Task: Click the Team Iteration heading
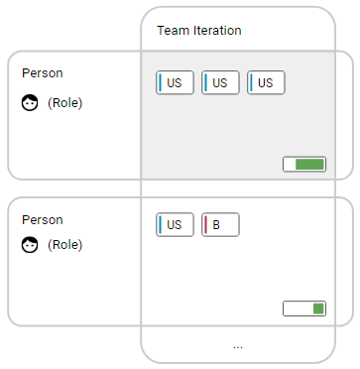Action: point(198,31)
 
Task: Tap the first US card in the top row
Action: point(175,83)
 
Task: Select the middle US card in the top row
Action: point(220,83)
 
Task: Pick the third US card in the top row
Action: point(266,83)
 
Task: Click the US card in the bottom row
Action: point(175,225)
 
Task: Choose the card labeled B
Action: point(220,225)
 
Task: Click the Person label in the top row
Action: point(42,73)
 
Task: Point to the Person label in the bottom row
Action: point(42,219)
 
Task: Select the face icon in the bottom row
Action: point(30,245)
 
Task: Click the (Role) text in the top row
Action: point(64,102)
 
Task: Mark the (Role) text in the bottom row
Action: point(64,245)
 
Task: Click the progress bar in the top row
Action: point(304,165)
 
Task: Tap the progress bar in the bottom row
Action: point(304,308)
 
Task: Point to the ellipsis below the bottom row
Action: point(238,346)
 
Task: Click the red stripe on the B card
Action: point(206,225)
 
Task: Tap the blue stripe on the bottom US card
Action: point(161,225)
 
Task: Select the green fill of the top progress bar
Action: point(310,165)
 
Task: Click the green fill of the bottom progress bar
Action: point(318,308)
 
